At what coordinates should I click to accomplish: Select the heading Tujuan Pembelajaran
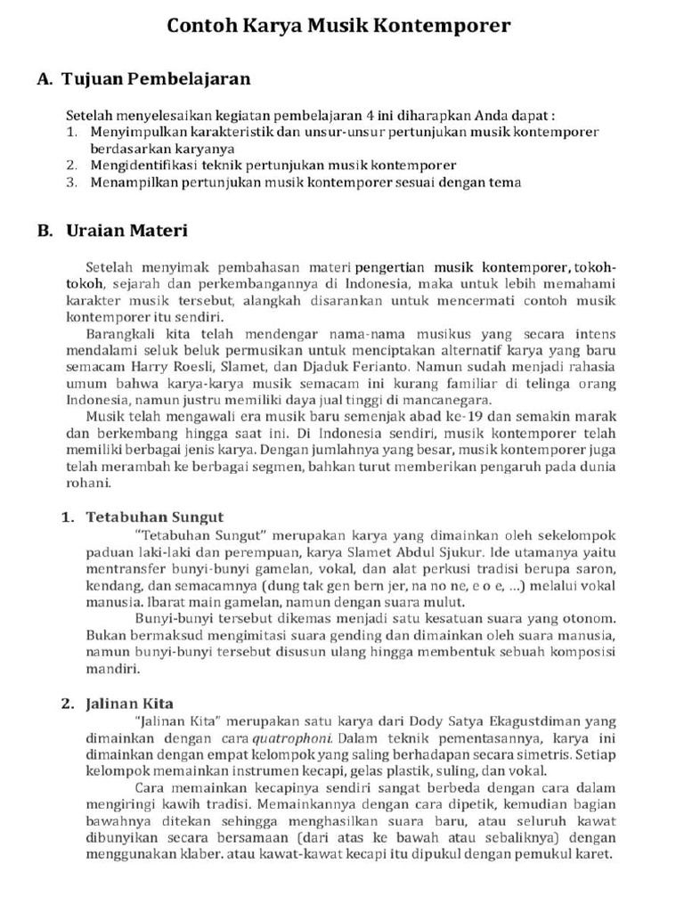point(156,79)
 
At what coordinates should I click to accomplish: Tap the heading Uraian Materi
point(126,232)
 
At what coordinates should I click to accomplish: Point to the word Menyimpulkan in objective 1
point(132,132)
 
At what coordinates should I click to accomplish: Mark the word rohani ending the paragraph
point(89,484)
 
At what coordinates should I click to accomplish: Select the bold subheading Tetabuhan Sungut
point(154,517)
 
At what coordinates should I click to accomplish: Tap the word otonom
point(591,618)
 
